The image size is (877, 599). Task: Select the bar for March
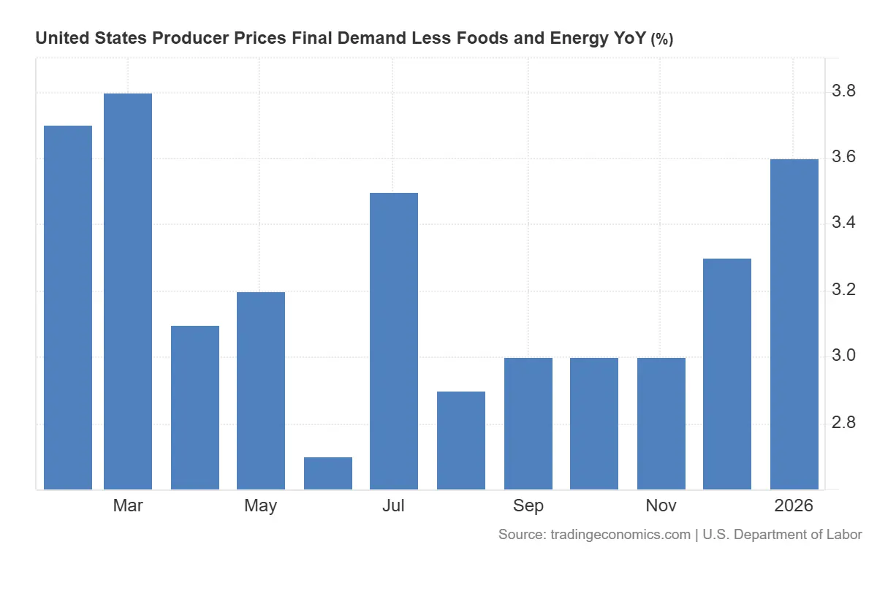click(x=128, y=292)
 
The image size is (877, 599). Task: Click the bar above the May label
click(x=261, y=391)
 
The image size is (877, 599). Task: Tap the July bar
click(x=394, y=341)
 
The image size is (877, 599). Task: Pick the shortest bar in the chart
click(x=328, y=473)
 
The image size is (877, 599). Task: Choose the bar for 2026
click(x=794, y=324)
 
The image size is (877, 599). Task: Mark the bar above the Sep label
click(x=528, y=424)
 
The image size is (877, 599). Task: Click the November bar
click(x=661, y=424)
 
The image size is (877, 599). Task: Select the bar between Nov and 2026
click(x=727, y=374)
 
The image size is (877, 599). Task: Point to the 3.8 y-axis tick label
click(x=845, y=91)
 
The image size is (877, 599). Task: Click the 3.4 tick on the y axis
click(x=845, y=224)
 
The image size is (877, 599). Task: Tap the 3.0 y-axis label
click(x=845, y=356)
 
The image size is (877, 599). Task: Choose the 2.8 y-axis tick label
click(x=845, y=423)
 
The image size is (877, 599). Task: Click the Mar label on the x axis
click(x=128, y=505)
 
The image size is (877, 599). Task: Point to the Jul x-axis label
click(x=394, y=505)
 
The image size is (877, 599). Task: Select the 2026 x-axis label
click(x=794, y=505)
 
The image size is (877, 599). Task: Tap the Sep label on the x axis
click(x=528, y=505)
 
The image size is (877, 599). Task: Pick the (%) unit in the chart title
click(x=661, y=39)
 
